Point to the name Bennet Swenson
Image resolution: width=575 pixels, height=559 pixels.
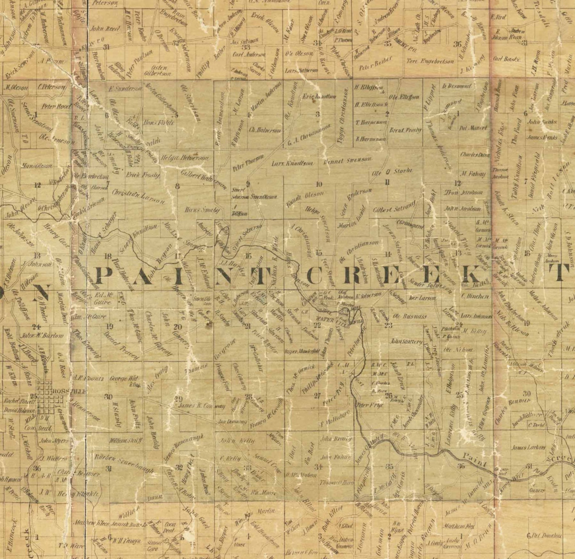point(348,160)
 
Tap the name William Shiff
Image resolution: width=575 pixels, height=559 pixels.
point(125,441)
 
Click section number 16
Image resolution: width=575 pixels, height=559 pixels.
point(248,256)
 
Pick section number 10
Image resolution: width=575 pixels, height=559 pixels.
point(319,184)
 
